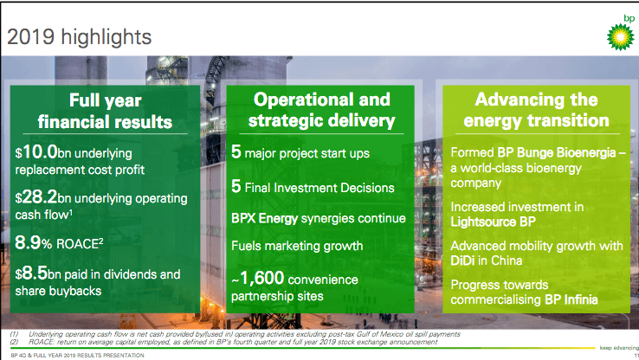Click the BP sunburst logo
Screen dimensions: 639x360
click(620, 37)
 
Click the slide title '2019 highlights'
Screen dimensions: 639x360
click(79, 37)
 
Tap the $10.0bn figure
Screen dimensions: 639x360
click(36, 152)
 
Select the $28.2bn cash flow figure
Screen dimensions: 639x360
click(36, 197)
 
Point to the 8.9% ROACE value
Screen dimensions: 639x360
click(34, 242)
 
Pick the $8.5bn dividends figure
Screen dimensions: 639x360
click(31, 273)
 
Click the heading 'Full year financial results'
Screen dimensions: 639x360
click(105, 111)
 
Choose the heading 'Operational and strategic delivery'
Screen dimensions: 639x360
click(321, 110)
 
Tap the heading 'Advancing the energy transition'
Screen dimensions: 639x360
click(536, 110)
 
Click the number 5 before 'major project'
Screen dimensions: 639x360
click(236, 152)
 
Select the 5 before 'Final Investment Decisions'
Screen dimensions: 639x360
click(236, 187)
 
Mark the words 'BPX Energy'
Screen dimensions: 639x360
click(264, 219)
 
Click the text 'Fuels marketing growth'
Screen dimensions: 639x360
click(297, 246)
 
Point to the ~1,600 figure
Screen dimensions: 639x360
click(257, 279)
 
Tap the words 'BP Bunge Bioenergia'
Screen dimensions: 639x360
click(556, 152)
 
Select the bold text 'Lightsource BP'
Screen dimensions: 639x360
click(494, 222)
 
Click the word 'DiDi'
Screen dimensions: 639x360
click(462, 260)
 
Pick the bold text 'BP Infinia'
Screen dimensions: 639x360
click(571, 299)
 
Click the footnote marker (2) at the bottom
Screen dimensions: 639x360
click(14, 342)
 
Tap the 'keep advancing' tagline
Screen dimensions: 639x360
click(618, 348)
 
